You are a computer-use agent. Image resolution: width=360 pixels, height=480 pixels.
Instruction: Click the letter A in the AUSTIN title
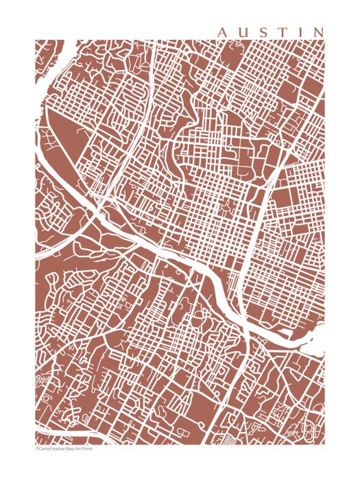click(x=224, y=32)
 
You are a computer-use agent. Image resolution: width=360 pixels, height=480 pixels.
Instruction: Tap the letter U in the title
click(x=244, y=32)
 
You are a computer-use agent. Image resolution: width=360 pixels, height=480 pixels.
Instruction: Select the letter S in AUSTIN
click(x=263, y=32)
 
